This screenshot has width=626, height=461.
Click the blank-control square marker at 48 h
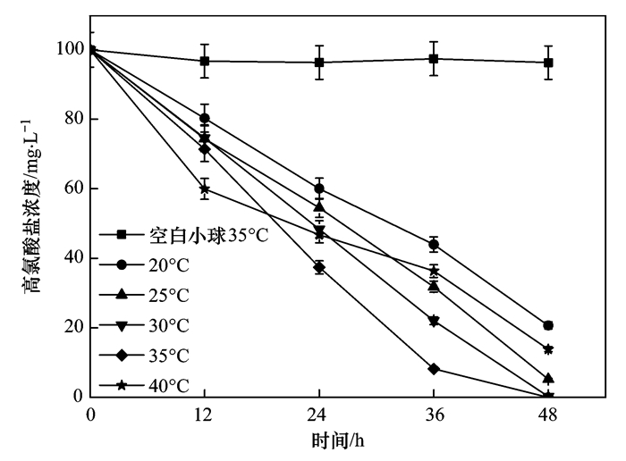pyautogui.click(x=548, y=63)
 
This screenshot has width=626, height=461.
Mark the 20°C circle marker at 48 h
pyautogui.click(x=548, y=325)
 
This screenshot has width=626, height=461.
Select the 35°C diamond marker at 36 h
pyautogui.click(x=434, y=368)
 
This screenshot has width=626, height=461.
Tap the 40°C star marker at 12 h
pyautogui.click(x=205, y=189)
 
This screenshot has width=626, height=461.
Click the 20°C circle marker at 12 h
pyautogui.click(x=205, y=118)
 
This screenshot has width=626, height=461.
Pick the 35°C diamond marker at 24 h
pyautogui.click(x=319, y=267)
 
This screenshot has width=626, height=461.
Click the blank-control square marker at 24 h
pyautogui.click(x=319, y=63)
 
